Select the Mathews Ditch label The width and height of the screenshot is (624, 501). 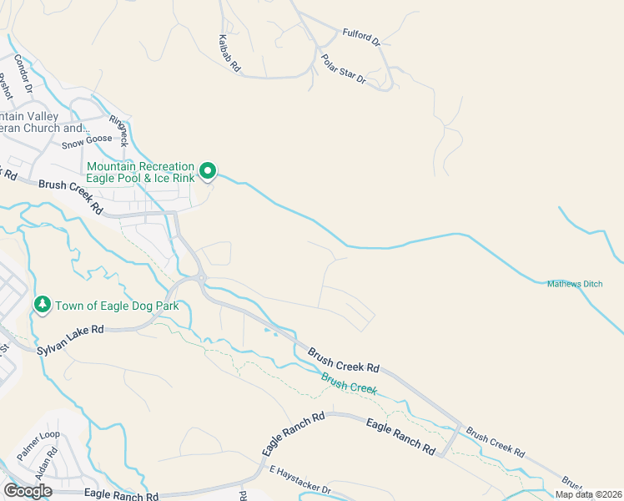coord(574,284)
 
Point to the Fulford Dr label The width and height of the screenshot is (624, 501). coord(360,36)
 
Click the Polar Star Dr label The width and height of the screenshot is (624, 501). coord(343,69)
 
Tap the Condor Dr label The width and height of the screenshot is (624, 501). coord(23,73)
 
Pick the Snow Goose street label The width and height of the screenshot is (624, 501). coord(87,142)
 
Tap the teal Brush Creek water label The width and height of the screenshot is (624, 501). coord(350,385)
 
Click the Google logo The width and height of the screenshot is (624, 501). coord(28,491)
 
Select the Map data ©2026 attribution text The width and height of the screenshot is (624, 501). coord(589,494)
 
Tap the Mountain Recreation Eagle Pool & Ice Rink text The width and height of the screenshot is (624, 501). coord(141,172)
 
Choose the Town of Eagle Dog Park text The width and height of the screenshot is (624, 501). coord(118,306)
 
